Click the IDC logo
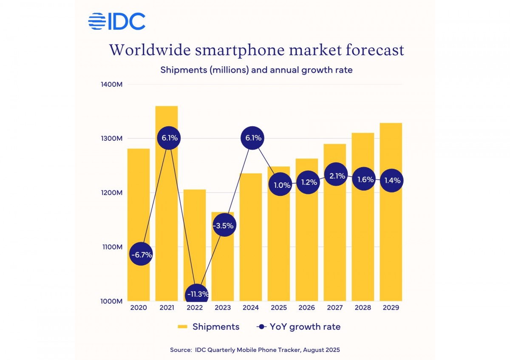[117, 21]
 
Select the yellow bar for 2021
[167, 221]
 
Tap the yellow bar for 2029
[391, 238]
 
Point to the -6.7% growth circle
[141, 255]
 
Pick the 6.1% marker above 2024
[252, 138]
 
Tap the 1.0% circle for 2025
[280, 185]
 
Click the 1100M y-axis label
[113, 247]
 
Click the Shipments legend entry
[208, 327]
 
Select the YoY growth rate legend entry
[298, 327]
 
